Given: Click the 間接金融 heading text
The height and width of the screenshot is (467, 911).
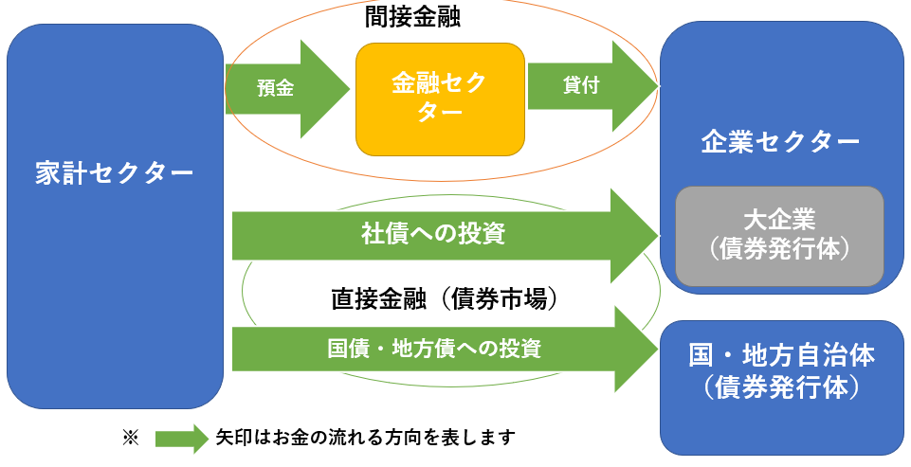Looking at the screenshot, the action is coord(412,16).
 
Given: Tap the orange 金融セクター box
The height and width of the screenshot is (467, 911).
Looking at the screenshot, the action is coord(441,99).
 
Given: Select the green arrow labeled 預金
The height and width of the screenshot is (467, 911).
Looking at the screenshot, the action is coord(287,89).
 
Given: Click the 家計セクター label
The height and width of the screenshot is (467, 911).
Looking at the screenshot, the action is coord(115,173).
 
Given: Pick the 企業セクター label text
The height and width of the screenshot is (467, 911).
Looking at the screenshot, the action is coord(780,142).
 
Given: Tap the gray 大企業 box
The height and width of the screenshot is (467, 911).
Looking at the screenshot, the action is coord(779,237).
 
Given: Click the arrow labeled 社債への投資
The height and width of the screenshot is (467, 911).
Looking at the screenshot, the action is coord(446,236).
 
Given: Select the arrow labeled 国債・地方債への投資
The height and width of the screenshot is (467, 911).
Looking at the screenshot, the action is coord(446,350).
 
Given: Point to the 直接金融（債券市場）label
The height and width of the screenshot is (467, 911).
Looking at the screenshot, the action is coord(445,299).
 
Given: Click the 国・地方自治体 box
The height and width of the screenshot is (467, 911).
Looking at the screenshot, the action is coord(782,387).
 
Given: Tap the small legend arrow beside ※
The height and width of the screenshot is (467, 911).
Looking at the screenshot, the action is coord(181,439).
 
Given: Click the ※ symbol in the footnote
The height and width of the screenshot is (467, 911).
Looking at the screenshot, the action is coord(130,438).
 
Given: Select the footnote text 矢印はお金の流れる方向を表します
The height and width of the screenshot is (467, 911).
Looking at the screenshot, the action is coord(366,437).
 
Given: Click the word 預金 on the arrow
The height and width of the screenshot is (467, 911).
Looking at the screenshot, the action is coord(276,89).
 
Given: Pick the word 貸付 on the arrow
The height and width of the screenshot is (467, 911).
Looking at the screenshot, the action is coord(581,85).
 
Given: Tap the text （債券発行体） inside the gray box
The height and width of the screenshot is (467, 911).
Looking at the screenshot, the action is coord(779,250).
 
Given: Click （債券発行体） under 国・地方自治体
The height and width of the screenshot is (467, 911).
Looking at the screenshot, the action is coord(781,387).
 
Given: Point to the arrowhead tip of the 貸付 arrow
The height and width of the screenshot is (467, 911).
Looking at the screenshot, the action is coord(659,86).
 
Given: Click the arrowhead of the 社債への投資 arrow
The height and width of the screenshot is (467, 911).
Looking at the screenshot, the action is coord(634,236).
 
